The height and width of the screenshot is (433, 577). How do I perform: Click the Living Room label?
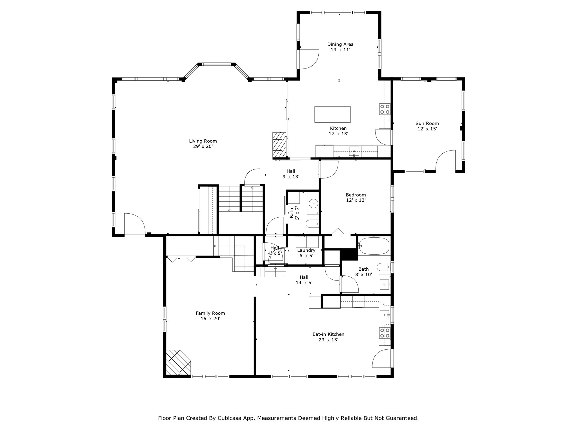tap(203, 141)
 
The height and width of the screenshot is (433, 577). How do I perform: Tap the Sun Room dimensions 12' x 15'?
tap(427, 129)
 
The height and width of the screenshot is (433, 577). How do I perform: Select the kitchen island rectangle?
tap(332, 114)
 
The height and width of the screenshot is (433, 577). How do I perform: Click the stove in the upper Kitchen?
tap(385, 109)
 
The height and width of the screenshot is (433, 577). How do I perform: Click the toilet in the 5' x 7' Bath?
tap(312, 224)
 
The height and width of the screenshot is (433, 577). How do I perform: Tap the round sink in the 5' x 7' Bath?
tap(314, 203)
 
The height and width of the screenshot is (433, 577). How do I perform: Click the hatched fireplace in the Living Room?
tap(279, 145)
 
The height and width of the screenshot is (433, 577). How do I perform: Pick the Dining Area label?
tap(340, 44)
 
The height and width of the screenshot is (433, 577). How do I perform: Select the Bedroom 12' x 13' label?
tap(356, 197)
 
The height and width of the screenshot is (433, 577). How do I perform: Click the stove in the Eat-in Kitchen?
tap(385, 333)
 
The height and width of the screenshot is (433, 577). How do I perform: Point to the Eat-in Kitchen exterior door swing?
tap(382, 359)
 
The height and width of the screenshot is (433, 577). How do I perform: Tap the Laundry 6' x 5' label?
tap(306, 253)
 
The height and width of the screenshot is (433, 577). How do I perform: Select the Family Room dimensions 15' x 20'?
tap(210, 319)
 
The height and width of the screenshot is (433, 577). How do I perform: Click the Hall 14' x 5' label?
tap(304, 280)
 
